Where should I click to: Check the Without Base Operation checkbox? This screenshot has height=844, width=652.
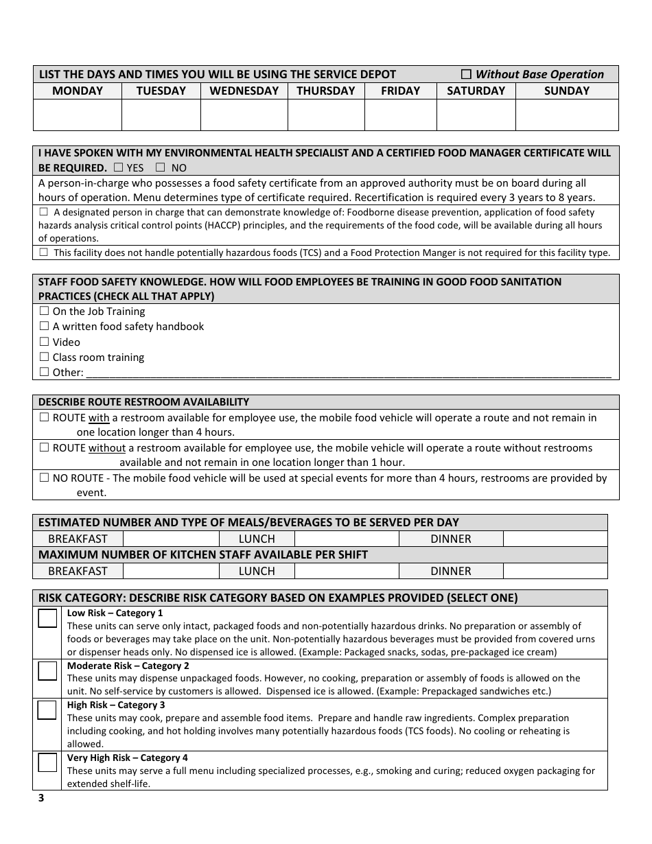(466, 74)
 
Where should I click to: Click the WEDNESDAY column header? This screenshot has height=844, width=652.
(244, 91)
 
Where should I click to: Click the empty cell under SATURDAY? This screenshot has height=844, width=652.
(476, 115)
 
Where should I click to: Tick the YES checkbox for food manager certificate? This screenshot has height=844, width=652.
(118, 167)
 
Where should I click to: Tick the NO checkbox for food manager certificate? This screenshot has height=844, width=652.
(161, 167)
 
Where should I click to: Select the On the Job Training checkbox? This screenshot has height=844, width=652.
(45, 311)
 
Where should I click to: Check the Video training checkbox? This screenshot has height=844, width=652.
(45, 342)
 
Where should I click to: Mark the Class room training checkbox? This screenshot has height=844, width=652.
(45, 357)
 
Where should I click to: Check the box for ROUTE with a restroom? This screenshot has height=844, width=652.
(45, 417)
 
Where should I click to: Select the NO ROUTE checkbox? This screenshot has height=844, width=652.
(45, 478)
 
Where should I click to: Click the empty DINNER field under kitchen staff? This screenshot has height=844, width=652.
(555, 571)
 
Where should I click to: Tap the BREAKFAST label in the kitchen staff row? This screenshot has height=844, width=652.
(78, 571)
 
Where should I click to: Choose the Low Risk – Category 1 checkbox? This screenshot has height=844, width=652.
(47, 619)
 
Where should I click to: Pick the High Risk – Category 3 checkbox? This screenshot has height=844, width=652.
(47, 710)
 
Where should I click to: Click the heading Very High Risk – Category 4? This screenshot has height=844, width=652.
(127, 758)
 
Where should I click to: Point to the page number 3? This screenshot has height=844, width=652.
(41, 797)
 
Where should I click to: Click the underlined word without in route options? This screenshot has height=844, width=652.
(107, 448)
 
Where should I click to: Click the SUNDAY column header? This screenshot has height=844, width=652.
(566, 91)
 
